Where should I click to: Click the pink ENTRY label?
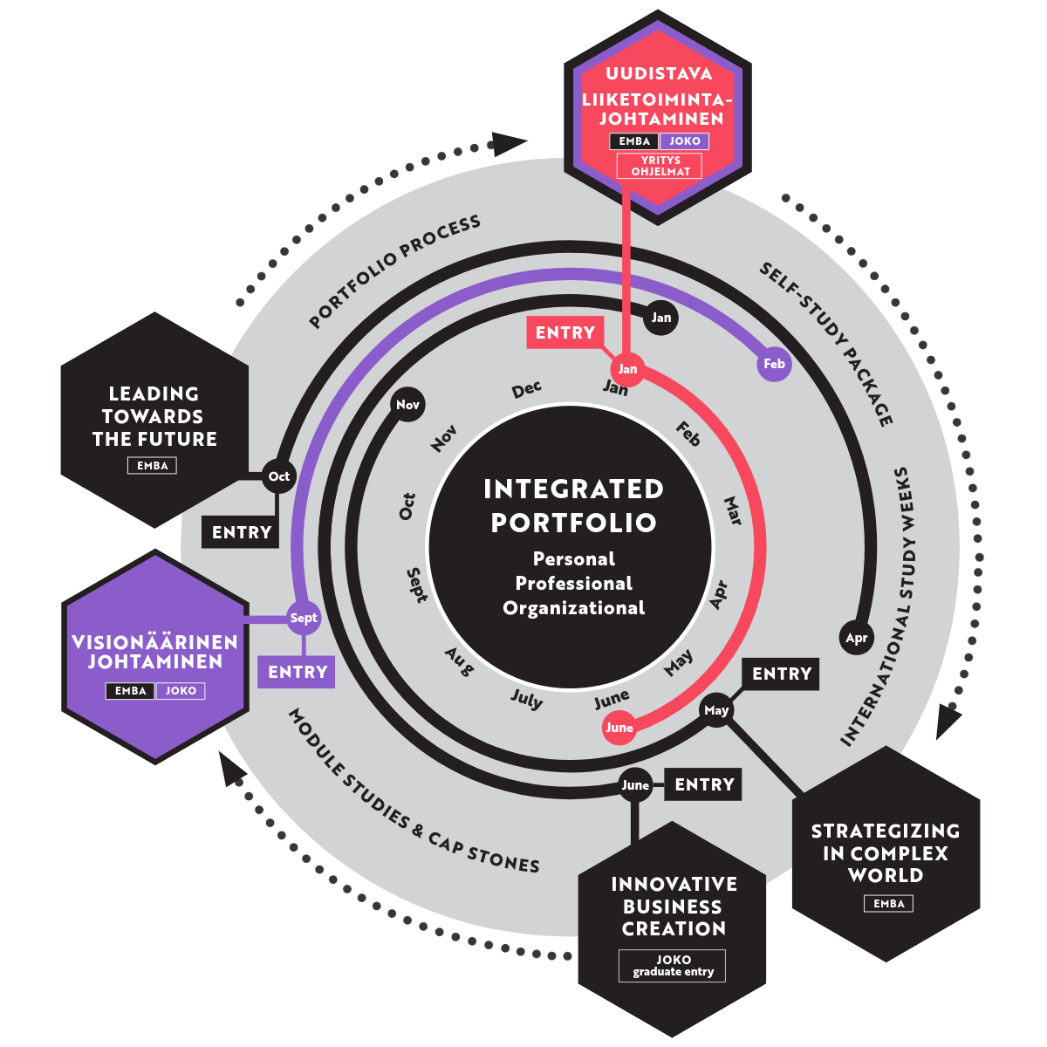click(565, 332)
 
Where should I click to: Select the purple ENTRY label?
click(297, 672)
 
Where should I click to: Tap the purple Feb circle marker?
click(774, 364)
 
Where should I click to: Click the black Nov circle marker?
click(407, 405)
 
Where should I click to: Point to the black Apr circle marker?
click(857, 638)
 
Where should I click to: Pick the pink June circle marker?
click(619, 728)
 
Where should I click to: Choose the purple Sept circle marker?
click(304, 619)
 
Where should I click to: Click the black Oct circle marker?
click(279, 476)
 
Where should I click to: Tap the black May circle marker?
click(716, 710)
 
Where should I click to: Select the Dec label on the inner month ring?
click(527, 389)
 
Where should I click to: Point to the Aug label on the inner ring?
click(459, 660)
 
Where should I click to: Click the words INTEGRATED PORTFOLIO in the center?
click(573, 505)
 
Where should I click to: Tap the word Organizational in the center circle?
click(573, 608)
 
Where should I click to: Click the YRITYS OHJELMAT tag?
click(660, 166)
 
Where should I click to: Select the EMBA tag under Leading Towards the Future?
click(153, 466)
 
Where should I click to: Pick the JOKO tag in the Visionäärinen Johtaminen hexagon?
click(181, 691)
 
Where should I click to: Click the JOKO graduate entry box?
click(673, 965)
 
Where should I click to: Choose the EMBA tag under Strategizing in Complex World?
click(889, 904)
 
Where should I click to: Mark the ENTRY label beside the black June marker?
click(704, 784)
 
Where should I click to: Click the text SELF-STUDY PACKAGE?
click(825, 344)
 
